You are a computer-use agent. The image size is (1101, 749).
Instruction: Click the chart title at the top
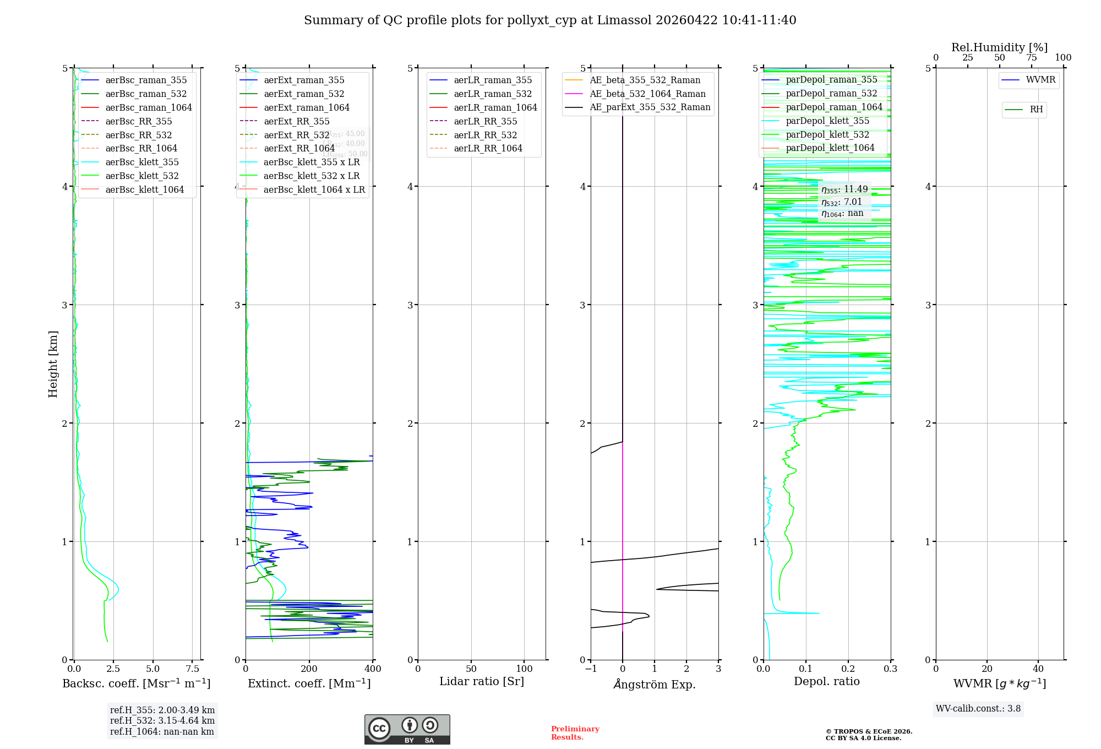tap(550, 20)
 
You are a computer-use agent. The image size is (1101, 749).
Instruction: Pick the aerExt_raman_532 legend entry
tap(304, 94)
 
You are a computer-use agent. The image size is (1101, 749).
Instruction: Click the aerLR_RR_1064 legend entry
tap(488, 148)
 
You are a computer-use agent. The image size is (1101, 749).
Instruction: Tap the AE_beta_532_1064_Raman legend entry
tap(647, 94)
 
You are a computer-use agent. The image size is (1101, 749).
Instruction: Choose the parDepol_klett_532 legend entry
tap(827, 134)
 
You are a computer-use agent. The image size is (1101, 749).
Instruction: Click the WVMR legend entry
tap(1040, 80)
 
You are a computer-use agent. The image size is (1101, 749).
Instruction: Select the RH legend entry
tap(1036, 110)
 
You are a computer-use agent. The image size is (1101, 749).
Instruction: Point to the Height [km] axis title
tap(53, 363)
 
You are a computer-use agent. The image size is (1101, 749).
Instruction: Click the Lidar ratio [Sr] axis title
tap(482, 681)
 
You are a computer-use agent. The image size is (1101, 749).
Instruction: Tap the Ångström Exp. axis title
tap(655, 684)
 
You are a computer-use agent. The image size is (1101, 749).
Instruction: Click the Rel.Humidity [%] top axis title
tap(999, 47)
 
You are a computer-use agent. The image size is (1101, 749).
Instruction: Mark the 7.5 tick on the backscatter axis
tap(193, 669)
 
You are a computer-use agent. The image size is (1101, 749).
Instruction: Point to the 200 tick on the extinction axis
tap(309, 669)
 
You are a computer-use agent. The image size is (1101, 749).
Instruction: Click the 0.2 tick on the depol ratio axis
tap(848, 669)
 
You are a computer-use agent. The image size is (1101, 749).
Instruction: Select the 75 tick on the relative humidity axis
tap(1031, 58)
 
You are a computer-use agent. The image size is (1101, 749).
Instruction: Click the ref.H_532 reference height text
tap(162, 720)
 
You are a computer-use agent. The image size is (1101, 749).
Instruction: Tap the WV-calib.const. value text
tap(978, 709)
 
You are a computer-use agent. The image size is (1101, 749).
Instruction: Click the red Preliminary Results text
tap(575, 733)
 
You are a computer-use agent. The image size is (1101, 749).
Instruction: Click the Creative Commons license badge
tap(407, 729)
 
